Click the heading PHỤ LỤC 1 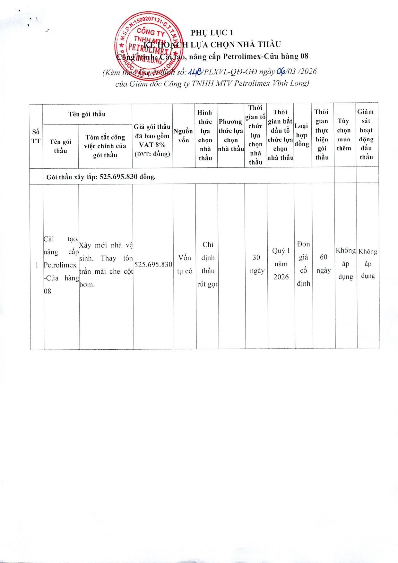212,33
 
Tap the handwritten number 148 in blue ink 195,72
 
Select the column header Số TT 36,136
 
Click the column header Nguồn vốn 183,135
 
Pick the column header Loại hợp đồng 302,135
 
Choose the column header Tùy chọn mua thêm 344,134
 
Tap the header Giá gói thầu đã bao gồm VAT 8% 152,140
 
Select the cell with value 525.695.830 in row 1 153,265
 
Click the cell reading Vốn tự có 185,264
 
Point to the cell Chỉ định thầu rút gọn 208,264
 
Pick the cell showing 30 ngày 257,264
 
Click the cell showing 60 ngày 324,264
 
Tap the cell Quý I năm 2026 281,264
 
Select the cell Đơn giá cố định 303,264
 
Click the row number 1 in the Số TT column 37,265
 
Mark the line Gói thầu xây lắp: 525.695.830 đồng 101,177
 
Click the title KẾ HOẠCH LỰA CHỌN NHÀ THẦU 212,44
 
